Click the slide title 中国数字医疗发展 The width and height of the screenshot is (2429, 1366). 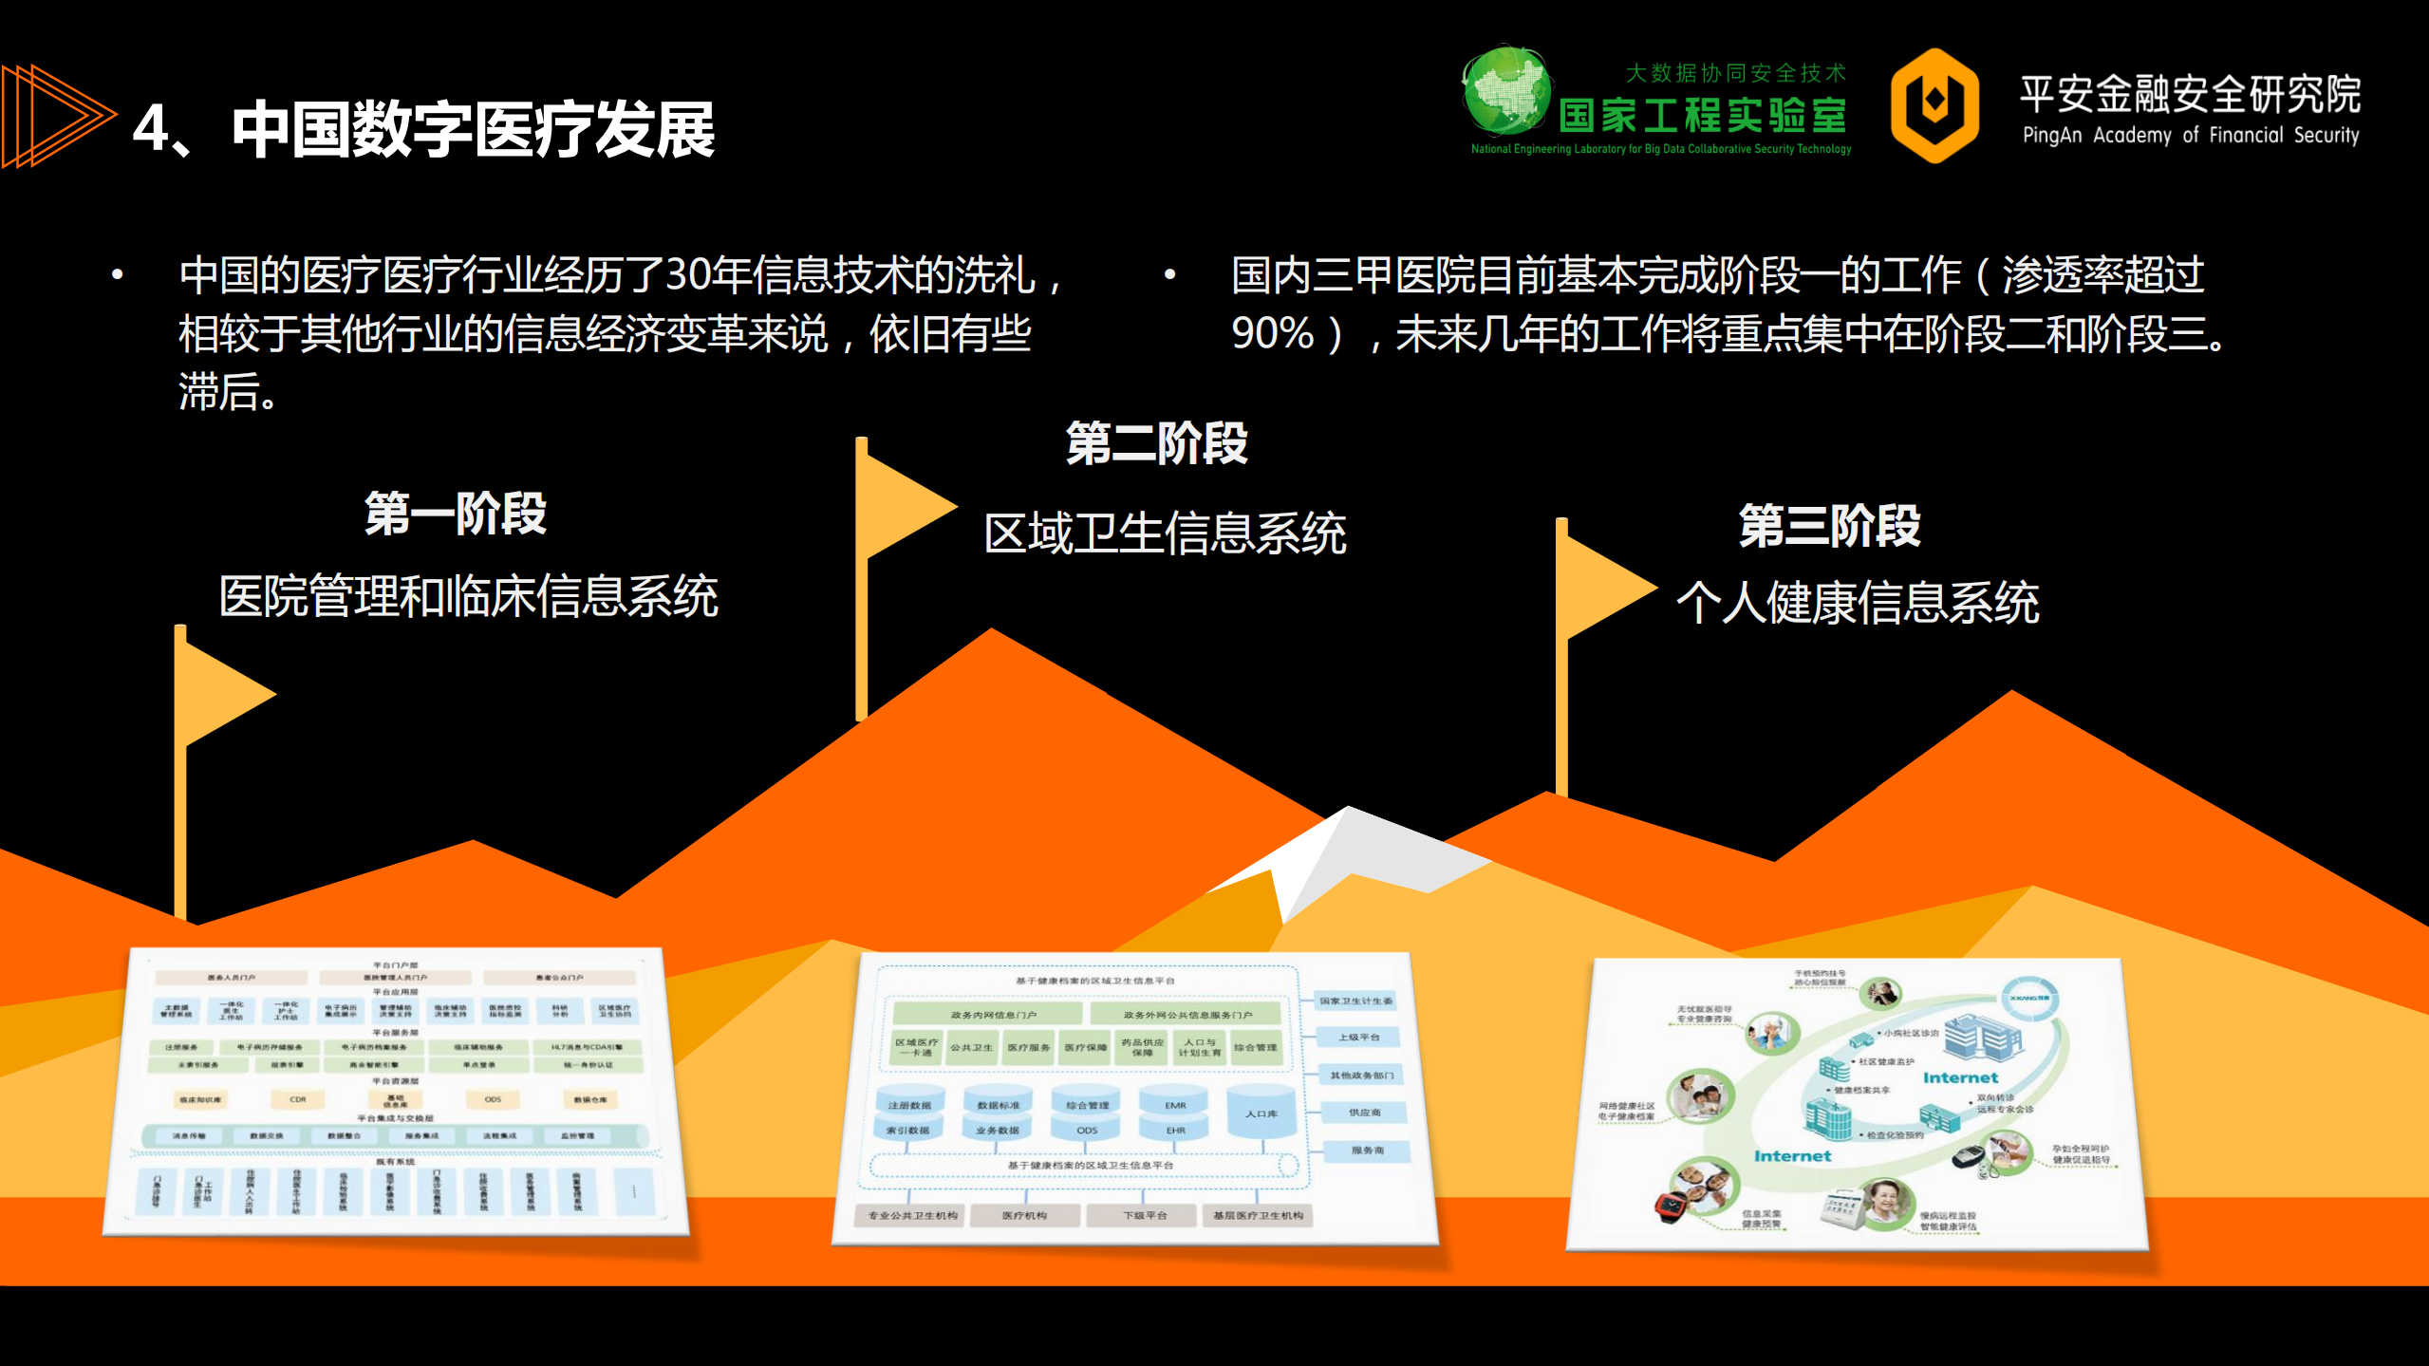pos(473,129)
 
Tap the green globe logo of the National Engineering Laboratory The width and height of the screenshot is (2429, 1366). pos(1506,91)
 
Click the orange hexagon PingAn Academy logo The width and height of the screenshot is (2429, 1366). pos(1934,104)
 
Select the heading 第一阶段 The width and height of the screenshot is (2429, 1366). pos(456,514)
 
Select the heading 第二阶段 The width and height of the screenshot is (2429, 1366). pos(1156,443)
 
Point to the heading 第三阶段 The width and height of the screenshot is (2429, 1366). pos(1829,526)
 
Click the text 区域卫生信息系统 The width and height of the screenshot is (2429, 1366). pos(1165,533)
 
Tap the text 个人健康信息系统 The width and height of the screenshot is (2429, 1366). pos(1858,602)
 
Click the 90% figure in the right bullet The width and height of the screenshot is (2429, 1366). pos(1272,333)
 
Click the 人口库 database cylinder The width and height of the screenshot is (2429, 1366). pos(1261,1113)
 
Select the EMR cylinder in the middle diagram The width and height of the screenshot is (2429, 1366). pos(1175,1104)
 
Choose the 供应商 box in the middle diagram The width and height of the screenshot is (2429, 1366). pos(1364,1112)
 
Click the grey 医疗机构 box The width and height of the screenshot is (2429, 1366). pos(1024,1215)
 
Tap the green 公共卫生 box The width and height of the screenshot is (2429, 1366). pos(971,1047)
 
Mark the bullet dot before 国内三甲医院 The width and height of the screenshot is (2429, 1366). pos(1169,275)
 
